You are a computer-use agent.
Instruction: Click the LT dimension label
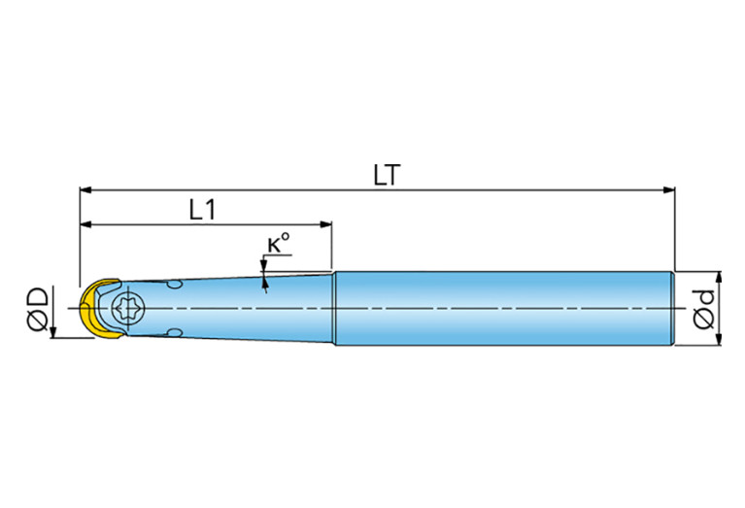click(387, 176)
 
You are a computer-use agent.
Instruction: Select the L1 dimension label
click(202, 210)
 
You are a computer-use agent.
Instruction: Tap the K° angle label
click(278, 243)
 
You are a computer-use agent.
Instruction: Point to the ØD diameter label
click(38, 309)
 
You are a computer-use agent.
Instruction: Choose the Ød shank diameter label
click(703, 309)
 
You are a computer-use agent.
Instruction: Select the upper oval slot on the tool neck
click(175, 285)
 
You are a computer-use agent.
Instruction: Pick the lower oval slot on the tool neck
click(175, 332)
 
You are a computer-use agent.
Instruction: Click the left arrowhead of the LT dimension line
click(85, 190)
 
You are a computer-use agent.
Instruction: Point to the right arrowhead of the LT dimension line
click(669, 190)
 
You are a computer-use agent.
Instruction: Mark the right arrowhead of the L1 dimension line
click(325, 224)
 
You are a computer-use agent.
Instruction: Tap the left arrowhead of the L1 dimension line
click(85, 224)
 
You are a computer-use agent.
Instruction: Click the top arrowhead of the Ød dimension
click(719, 278)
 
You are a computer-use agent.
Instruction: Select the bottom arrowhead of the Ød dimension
click(719, 339)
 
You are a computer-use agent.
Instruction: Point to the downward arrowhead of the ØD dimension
click(53, 332)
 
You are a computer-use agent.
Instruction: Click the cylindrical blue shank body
click(504, 309)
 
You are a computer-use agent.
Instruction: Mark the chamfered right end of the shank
click(673, 309)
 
